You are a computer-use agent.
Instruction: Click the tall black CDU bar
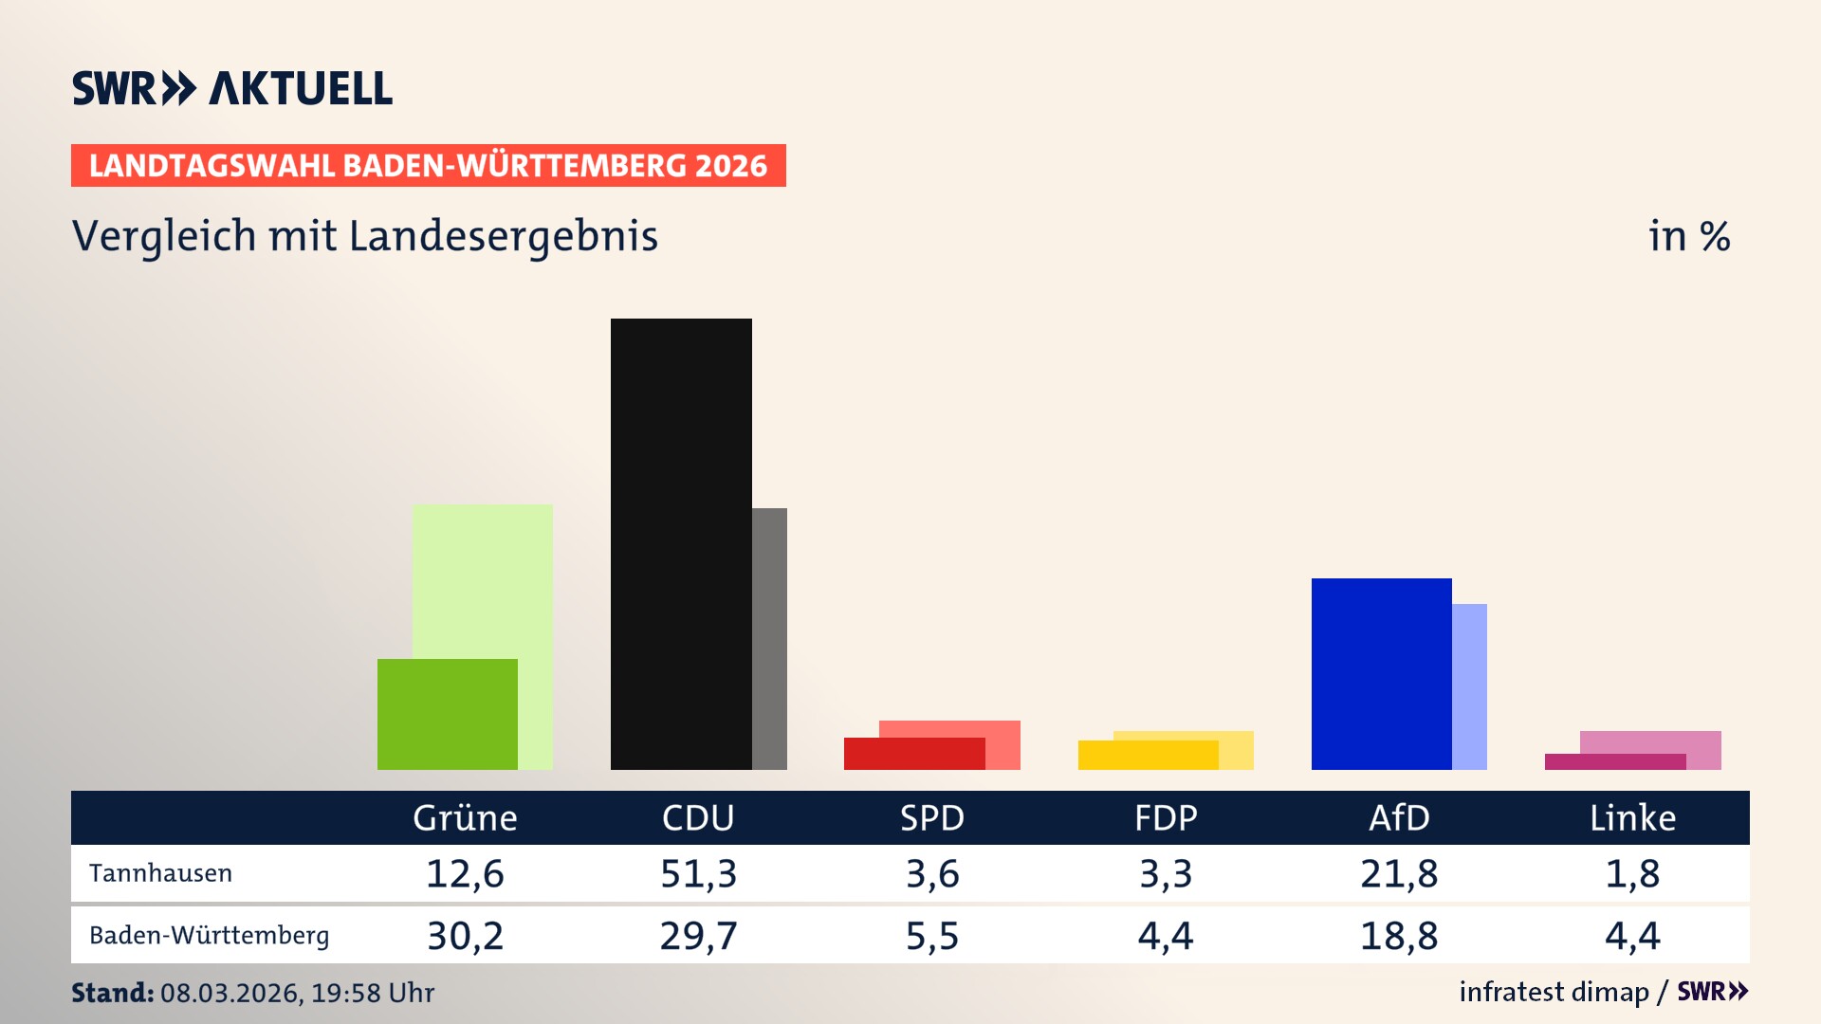tap(681, 543)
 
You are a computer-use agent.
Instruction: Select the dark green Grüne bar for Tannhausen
tap(447, 714)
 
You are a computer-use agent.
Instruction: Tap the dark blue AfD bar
tap(1381, 673)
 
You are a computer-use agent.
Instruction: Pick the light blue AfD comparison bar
tap(1469, 686)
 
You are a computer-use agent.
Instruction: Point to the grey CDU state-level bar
tap(769, 638)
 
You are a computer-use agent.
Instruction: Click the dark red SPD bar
tap(913, 754)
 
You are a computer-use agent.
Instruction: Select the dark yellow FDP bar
tap(1148, 755)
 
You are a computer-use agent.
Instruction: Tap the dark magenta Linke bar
tap(1614, 761)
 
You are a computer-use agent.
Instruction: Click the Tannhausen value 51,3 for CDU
tap(698, 873)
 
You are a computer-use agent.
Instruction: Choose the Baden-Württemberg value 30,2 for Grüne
tap(465, 936)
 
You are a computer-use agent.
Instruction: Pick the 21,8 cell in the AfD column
tap(1399, 873)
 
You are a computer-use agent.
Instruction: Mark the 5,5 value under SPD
tap(931, 936)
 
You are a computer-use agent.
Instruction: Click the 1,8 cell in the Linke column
tap(1632, 873)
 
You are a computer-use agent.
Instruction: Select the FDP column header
tap(1166, 817)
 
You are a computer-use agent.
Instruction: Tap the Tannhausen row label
tap(160, 873)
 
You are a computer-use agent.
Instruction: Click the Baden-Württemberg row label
tap(209, 936)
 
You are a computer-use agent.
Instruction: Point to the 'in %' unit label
tap(1688, 236)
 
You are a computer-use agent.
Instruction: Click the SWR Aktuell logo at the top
tap(231, 88)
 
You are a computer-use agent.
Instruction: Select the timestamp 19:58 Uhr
tap(372, 993)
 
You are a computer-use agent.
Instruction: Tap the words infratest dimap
tap(1554, 992)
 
